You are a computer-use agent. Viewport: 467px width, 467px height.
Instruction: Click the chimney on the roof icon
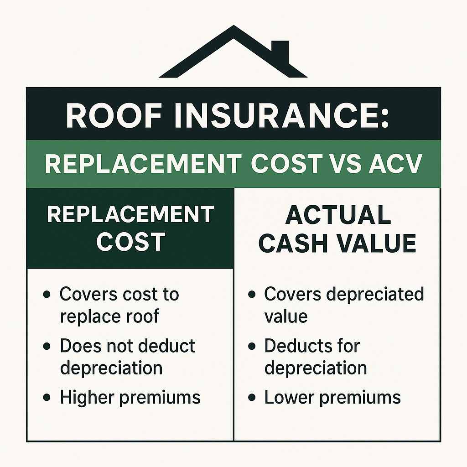(280, 52)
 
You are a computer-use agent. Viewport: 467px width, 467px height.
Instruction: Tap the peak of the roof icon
(233, 26)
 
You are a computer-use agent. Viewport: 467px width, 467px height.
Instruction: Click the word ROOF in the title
(114, 115)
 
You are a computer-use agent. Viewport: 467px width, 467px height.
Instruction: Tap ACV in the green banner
(395, 164)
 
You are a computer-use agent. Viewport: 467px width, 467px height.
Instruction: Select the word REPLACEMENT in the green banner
(143, 164)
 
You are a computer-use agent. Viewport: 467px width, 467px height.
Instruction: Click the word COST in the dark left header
(131, 242)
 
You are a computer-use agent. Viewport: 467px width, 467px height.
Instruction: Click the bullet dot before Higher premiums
(47, 397)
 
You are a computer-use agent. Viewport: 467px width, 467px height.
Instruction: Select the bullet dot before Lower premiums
(252, 397)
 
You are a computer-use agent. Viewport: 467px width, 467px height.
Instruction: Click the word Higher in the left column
(87, 398)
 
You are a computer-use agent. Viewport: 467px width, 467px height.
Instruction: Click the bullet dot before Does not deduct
(47, 346)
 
